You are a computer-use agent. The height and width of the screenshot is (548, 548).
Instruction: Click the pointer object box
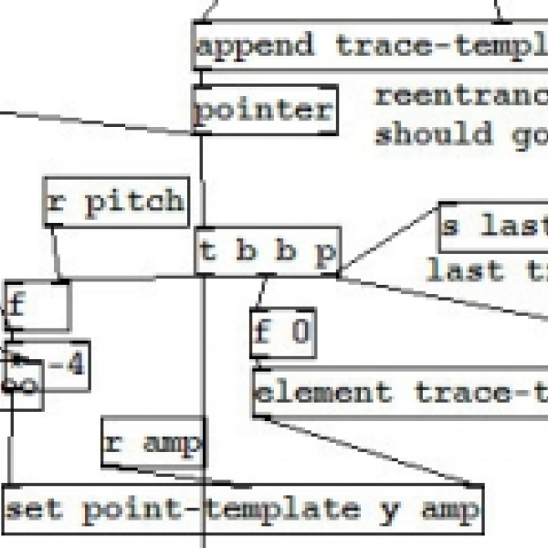[264, 111]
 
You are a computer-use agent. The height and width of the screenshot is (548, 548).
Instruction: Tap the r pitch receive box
[116, 202]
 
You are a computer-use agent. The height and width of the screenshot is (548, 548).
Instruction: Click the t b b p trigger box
[268, 251]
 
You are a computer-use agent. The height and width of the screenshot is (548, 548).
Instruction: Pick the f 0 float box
[282, 332]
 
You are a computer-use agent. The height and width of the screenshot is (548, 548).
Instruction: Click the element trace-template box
[399, 394]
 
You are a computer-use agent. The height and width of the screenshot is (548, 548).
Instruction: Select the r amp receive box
[153, 444]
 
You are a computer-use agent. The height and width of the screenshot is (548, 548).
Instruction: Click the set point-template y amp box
[242, 510]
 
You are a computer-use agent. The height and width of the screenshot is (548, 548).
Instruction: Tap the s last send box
[493, 225]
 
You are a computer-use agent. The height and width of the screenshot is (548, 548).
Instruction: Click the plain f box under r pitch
[37, 306]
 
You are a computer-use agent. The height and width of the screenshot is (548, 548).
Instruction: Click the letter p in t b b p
[325, 252]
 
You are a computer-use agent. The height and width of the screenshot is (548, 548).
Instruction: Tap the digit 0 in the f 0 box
[300, 332]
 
